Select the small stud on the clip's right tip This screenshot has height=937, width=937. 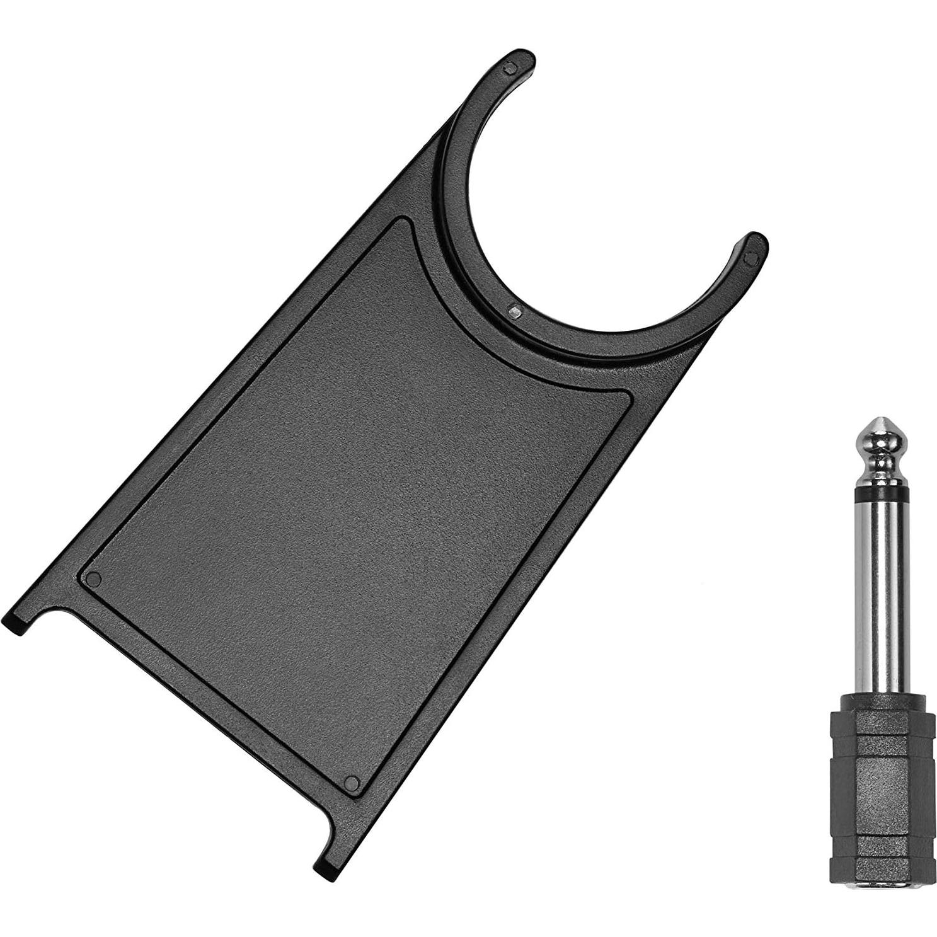tap(750, 257)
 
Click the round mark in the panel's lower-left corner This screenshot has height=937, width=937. tap(94, 578)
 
